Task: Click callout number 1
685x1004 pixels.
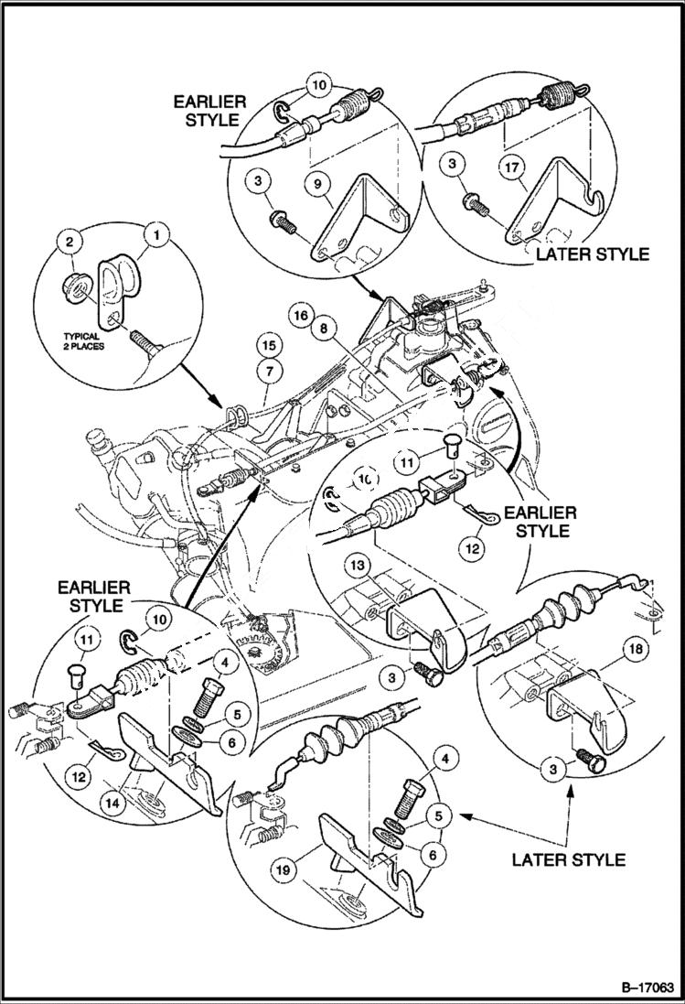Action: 156,235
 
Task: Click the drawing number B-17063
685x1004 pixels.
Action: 635,988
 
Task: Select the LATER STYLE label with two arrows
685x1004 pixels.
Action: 568,858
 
